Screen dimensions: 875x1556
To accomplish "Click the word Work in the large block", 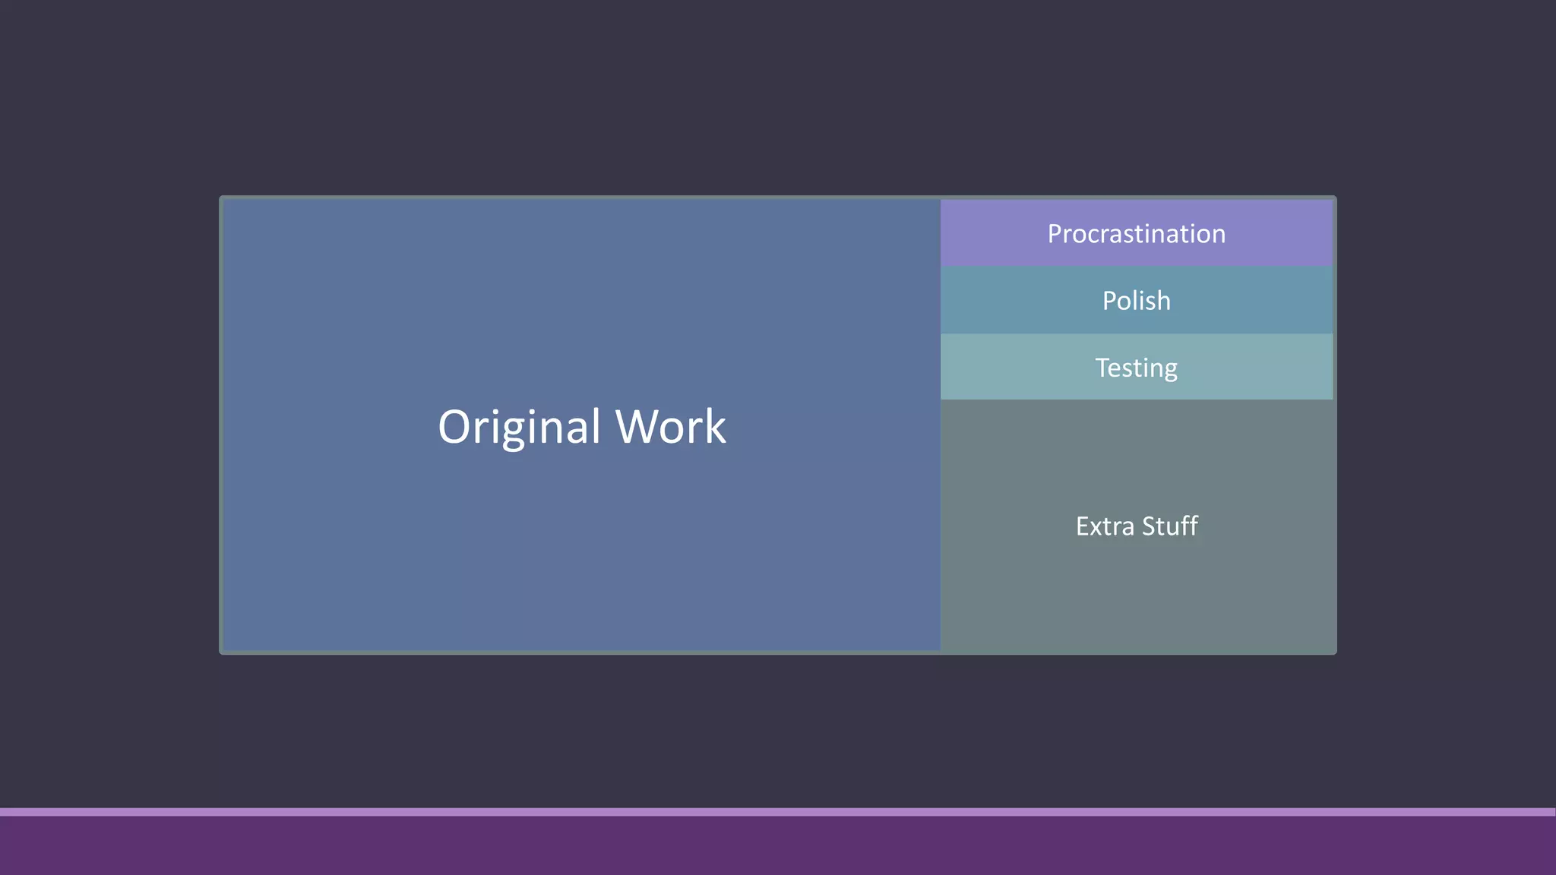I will point(670,427).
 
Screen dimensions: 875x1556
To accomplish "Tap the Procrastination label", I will point(1136,234).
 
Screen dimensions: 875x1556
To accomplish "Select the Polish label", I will point(1136,301).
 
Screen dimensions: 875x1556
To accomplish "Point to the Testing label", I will point(1136,368).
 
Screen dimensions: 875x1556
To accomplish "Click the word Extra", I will point(1104,526).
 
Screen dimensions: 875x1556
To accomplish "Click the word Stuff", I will point(1170,526).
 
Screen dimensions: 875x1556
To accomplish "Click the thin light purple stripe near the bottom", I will point(778,812).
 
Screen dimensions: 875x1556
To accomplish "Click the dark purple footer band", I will point(778,846).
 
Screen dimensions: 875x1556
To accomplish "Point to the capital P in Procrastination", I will point(1055,234).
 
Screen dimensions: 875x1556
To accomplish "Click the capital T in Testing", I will point(1103,368).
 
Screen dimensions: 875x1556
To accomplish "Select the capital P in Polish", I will point(1110,301).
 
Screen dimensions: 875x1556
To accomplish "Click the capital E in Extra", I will point(1083,526).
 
